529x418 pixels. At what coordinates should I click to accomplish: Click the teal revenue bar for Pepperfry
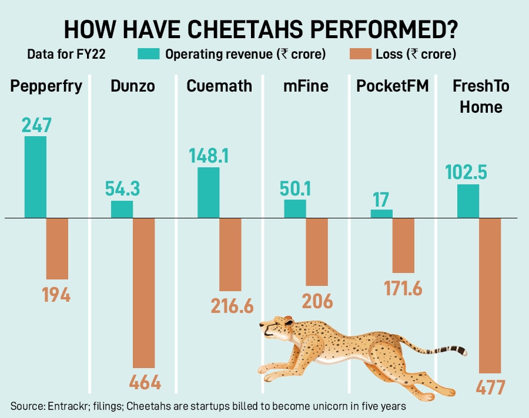pyautogui.click(x=35, y=177)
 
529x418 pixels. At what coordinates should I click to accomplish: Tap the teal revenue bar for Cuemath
pyautogui.click(x=208, y=193)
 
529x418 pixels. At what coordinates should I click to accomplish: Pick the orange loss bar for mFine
pyautogui.click(x=317, y=252)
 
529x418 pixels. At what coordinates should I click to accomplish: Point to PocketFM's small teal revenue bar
pyautogui.click(x=381, y=214)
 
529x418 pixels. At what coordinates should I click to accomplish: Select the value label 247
pyautogui.click(x=37, y=126)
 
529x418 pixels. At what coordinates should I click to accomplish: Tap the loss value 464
pyautogui.click(x=144, y=383)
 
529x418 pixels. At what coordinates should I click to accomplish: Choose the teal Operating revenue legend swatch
pyautogui.click(x=148, y=55)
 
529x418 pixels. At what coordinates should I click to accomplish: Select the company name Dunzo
pyautogui.click(x=133, y=86)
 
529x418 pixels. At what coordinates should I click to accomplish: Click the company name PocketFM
pyautogui.click(x=392, y=86)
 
